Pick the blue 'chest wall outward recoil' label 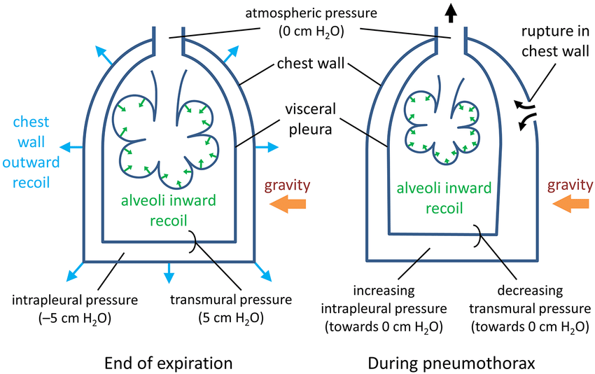point(28,153)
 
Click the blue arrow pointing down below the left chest point(168,273)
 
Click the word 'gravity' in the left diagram point(287,186)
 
